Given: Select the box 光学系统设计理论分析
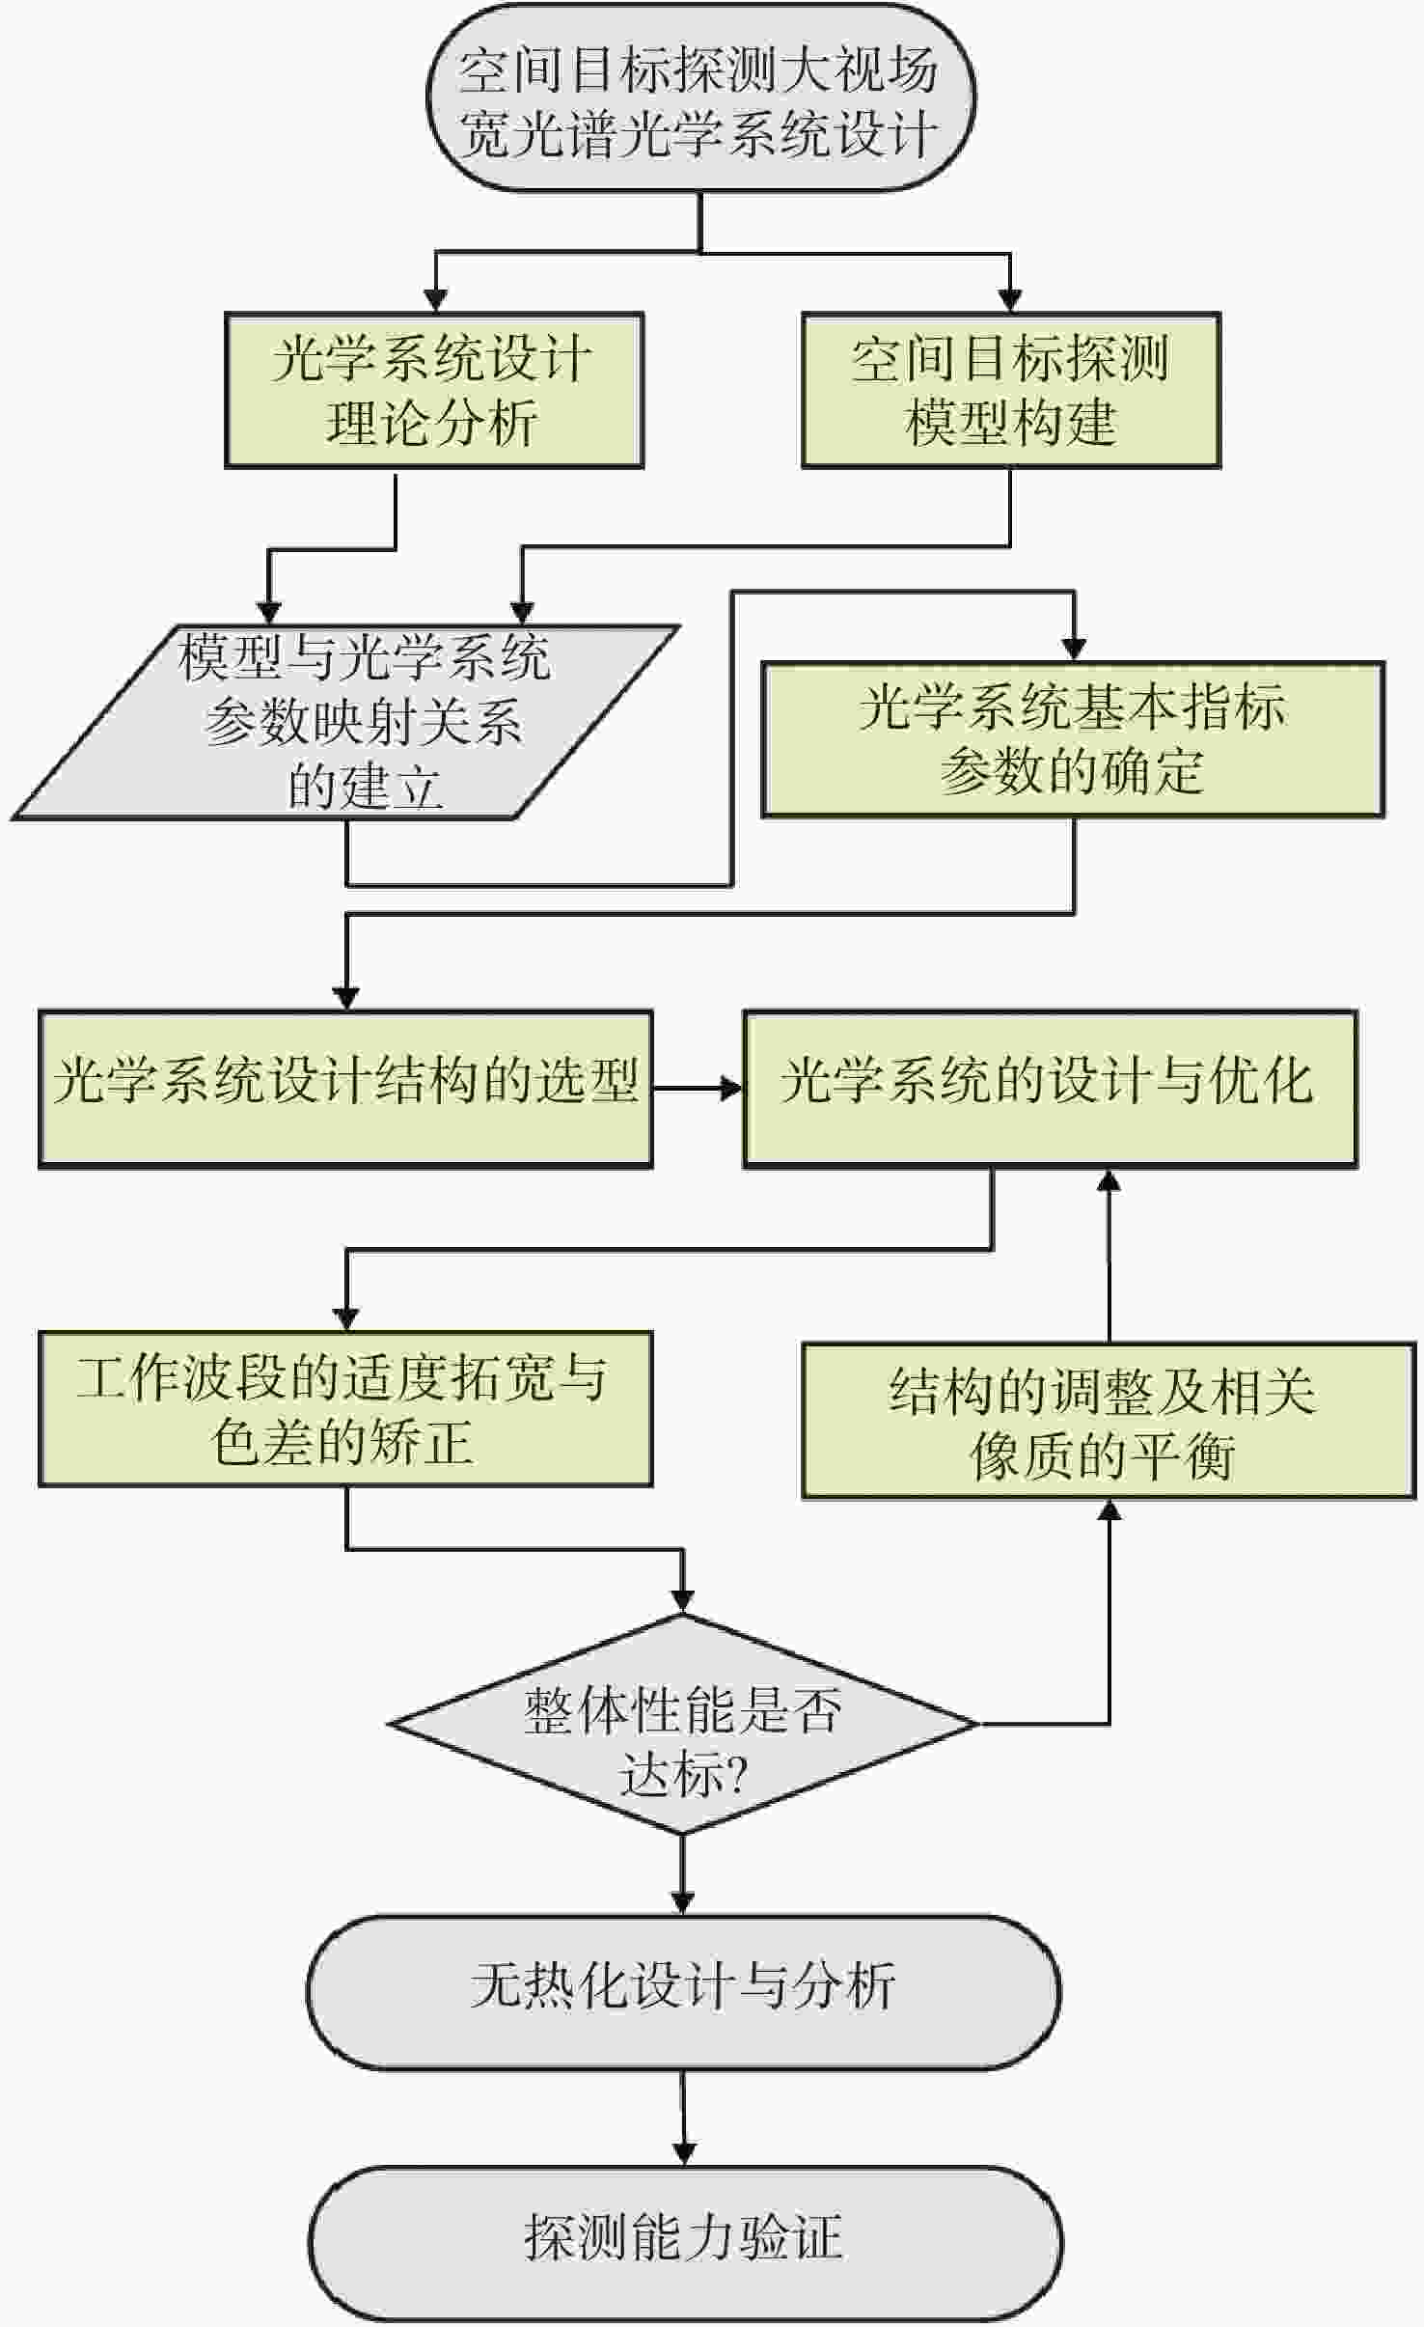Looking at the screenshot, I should (x=434, y=391).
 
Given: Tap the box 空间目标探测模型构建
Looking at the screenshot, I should (x=1010, y=391).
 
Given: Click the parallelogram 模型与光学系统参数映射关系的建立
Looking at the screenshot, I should (x=347, y=723).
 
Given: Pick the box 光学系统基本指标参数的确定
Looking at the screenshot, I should (x=1073, y=739).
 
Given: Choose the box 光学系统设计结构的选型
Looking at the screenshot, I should (x=345, y=1089).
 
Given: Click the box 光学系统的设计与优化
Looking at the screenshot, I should (x=1050, y=1089).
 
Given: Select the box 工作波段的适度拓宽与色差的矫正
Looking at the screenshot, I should (x=345, y=1409).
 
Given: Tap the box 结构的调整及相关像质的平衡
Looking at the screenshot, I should (x=1109, y=1421).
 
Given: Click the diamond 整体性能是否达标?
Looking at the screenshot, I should (x=683, y=1724).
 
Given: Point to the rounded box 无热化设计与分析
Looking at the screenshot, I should (x=683, y=1991).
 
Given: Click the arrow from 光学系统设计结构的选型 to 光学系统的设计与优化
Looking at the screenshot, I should (x=697, y=1089).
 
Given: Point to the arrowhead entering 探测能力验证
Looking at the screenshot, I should (x=684, y=2151).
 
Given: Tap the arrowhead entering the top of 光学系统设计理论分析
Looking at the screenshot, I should (x=436, y=299).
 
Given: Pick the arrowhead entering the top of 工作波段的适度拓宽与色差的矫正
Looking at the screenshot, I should (x=346, y=1318).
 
